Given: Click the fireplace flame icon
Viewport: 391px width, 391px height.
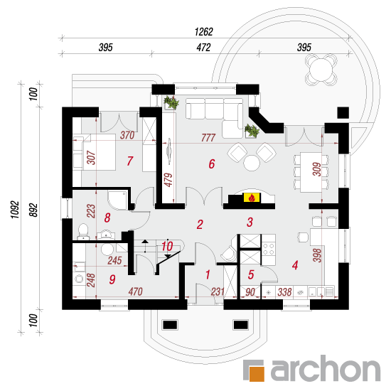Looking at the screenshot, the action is [x=252, y=198].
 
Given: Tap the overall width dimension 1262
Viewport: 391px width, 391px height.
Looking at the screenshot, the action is [x=204, y=32].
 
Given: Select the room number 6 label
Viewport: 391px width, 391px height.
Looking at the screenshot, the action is [x=212, y=164].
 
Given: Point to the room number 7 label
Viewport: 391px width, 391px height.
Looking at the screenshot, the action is [x=130, y=161].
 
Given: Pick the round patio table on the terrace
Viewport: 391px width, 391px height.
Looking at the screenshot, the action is [x=321, y=70].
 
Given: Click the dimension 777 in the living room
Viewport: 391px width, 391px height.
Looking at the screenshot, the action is [x=208, y=138].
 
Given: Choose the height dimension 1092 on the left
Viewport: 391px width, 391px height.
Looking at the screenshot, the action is [x=15, y=209].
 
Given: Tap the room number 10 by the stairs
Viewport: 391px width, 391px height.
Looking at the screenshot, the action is [x=167, y=247].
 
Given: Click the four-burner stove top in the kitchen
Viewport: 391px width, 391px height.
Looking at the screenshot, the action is [x=268, y=249].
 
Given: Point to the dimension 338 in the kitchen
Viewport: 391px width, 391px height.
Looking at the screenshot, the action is [x=284, y=291].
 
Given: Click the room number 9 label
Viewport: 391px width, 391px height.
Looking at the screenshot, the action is [x=112, y=279].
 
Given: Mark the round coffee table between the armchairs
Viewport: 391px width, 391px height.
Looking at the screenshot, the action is [x=252, y=163].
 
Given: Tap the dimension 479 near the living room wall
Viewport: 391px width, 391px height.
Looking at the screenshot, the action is [x=168, y=180].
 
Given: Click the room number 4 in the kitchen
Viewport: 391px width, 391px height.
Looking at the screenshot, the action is [x=295, y=265].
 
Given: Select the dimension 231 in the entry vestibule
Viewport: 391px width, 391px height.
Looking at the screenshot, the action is [x=218, y=291].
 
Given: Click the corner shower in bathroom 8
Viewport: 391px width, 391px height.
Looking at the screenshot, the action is [x=118, y=200].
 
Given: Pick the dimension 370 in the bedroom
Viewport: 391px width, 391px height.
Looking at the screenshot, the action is [x=127, y=135].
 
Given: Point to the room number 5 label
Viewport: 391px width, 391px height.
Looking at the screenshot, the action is [x=251, y=274].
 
